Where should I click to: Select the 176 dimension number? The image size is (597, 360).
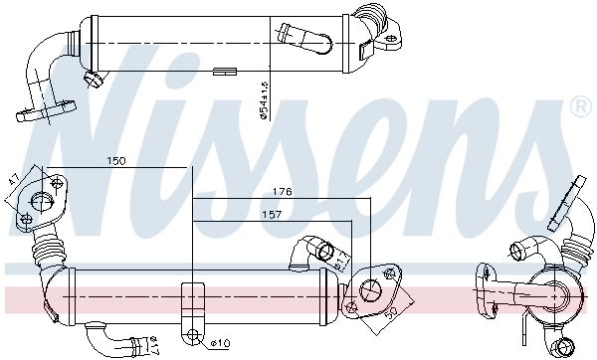click(x=284, y=193)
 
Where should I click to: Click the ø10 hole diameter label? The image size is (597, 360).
click(x=222, y=344)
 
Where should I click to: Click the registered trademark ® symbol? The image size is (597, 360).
click(x=579, y=105)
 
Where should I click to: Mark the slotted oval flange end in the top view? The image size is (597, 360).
click(x=39, y=110)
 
